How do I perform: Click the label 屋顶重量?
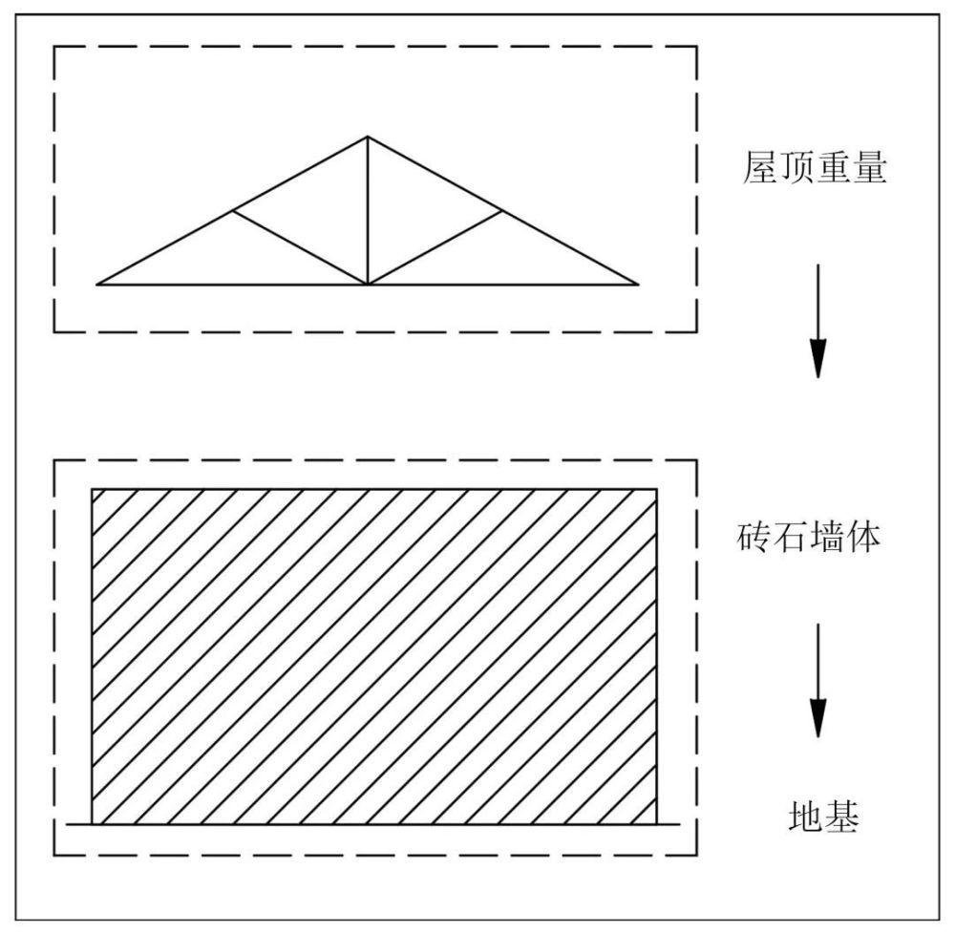[x=815, y=167]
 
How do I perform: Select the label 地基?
[x=823, y=816]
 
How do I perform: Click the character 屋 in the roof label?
[x=760, y=167]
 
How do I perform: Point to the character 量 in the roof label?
[x=869, y=167]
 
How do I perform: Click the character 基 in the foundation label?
[x=841, y=816]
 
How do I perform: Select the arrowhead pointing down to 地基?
[x=818, y=717]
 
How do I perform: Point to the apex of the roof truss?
[x=368, y=137]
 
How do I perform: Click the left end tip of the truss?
[x=97, y=284]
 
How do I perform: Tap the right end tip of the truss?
[x=638, y=284]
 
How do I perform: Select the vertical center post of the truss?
[x=368, y=210]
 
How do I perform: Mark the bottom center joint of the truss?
[x=368, y=285]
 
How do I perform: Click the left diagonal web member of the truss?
[x=300, y=247]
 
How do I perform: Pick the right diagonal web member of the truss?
[x=435, y=247]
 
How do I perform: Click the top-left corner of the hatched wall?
[x=92, y=489]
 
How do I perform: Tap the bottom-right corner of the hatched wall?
[x=657, y=824]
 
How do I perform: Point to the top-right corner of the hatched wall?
[x=657, y=489]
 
